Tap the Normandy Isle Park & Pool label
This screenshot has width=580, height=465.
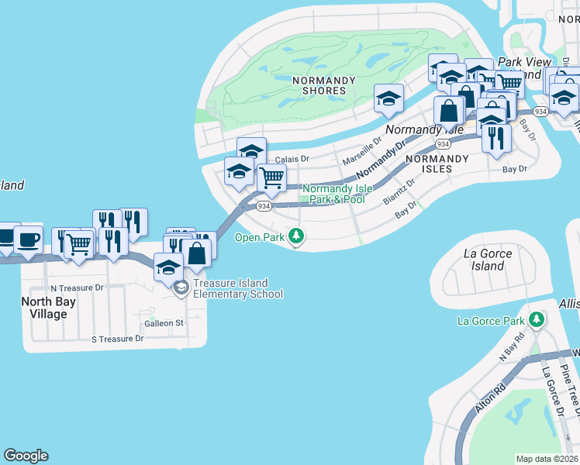pyautogui.click(x=333, y=194)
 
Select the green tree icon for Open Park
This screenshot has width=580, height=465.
pyautogui.click(x=296, y=236)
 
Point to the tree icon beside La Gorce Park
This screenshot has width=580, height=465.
pyautogui.click(x=536, y=320)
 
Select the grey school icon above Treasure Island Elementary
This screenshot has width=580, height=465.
pyautogui.click(x=181, y=288)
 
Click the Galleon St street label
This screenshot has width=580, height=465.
pyautogui.click(x=164, y=323)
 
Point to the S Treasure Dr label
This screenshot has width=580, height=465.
pyautogui.click(x=118, y=339)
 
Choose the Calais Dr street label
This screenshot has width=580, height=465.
pyautogui.click(x=292, y=159)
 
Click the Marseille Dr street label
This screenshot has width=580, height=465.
pyautogui.click(x=362, y=152)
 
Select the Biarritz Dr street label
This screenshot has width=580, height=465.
pyautogui.click(x=399, y=190)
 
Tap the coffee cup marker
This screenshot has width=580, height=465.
pyautogui.click(x=29, y=240)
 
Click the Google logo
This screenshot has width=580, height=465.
pyautogui.click(x=26, y=456)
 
